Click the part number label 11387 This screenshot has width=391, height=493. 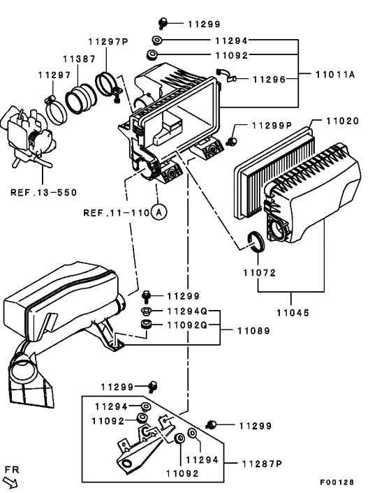coord(80,59)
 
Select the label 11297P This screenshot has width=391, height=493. coord(108,42)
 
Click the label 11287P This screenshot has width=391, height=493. coord(262,463)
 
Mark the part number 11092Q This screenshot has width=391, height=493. coord(186,325)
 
